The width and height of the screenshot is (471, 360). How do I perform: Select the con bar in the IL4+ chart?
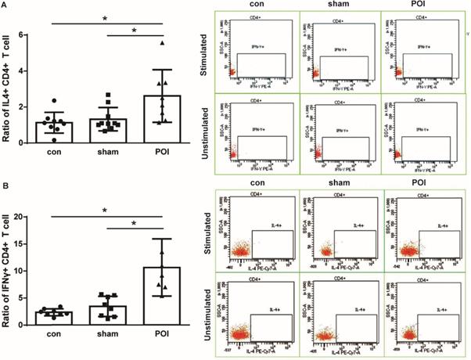click(x=54, y=133)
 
